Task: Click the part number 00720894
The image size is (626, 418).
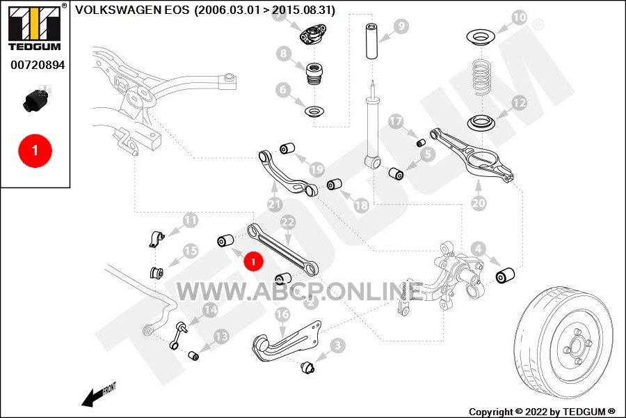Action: [x=38, y=65]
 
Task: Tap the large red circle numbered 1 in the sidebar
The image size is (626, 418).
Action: [x=35, y=150]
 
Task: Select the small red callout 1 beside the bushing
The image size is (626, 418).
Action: [x=253, y=262]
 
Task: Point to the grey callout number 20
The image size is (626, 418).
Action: [x=479, y=203]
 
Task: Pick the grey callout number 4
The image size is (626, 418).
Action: [x=479, y=249]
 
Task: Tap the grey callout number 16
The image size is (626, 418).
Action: [x=282, y=314]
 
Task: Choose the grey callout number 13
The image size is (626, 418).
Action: [x=221, y=336]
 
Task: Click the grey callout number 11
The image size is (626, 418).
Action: [x=191, y=220]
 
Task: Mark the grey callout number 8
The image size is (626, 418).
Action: [x=283, y=53]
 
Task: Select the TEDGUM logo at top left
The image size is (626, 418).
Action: [x=35, y=28]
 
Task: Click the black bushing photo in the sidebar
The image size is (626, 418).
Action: [x=35, y=101]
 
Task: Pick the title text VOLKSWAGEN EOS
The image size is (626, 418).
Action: [x=132, y=10]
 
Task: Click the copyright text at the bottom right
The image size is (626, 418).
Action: [x=542, y=412]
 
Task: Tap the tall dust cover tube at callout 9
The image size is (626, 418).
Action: [x=372, y=42]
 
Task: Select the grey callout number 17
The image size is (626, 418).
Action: [x=396, y=121]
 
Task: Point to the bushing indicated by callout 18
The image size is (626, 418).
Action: [x=335, y=185]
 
